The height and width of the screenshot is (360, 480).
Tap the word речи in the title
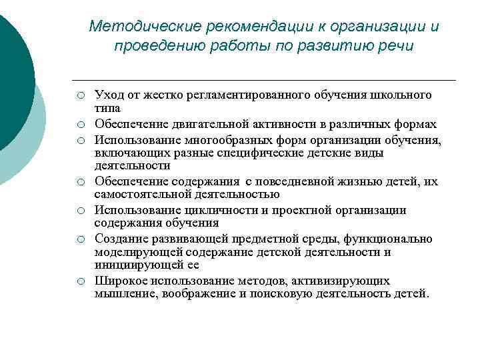coord(397,46)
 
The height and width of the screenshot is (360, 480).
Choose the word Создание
coord(119,239)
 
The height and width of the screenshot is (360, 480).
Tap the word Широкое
coord(120,281)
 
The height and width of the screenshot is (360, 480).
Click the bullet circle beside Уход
coord(79,95)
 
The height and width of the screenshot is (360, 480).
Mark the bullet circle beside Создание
coord(79,239)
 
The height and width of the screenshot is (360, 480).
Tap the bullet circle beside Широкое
coord(79,281)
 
